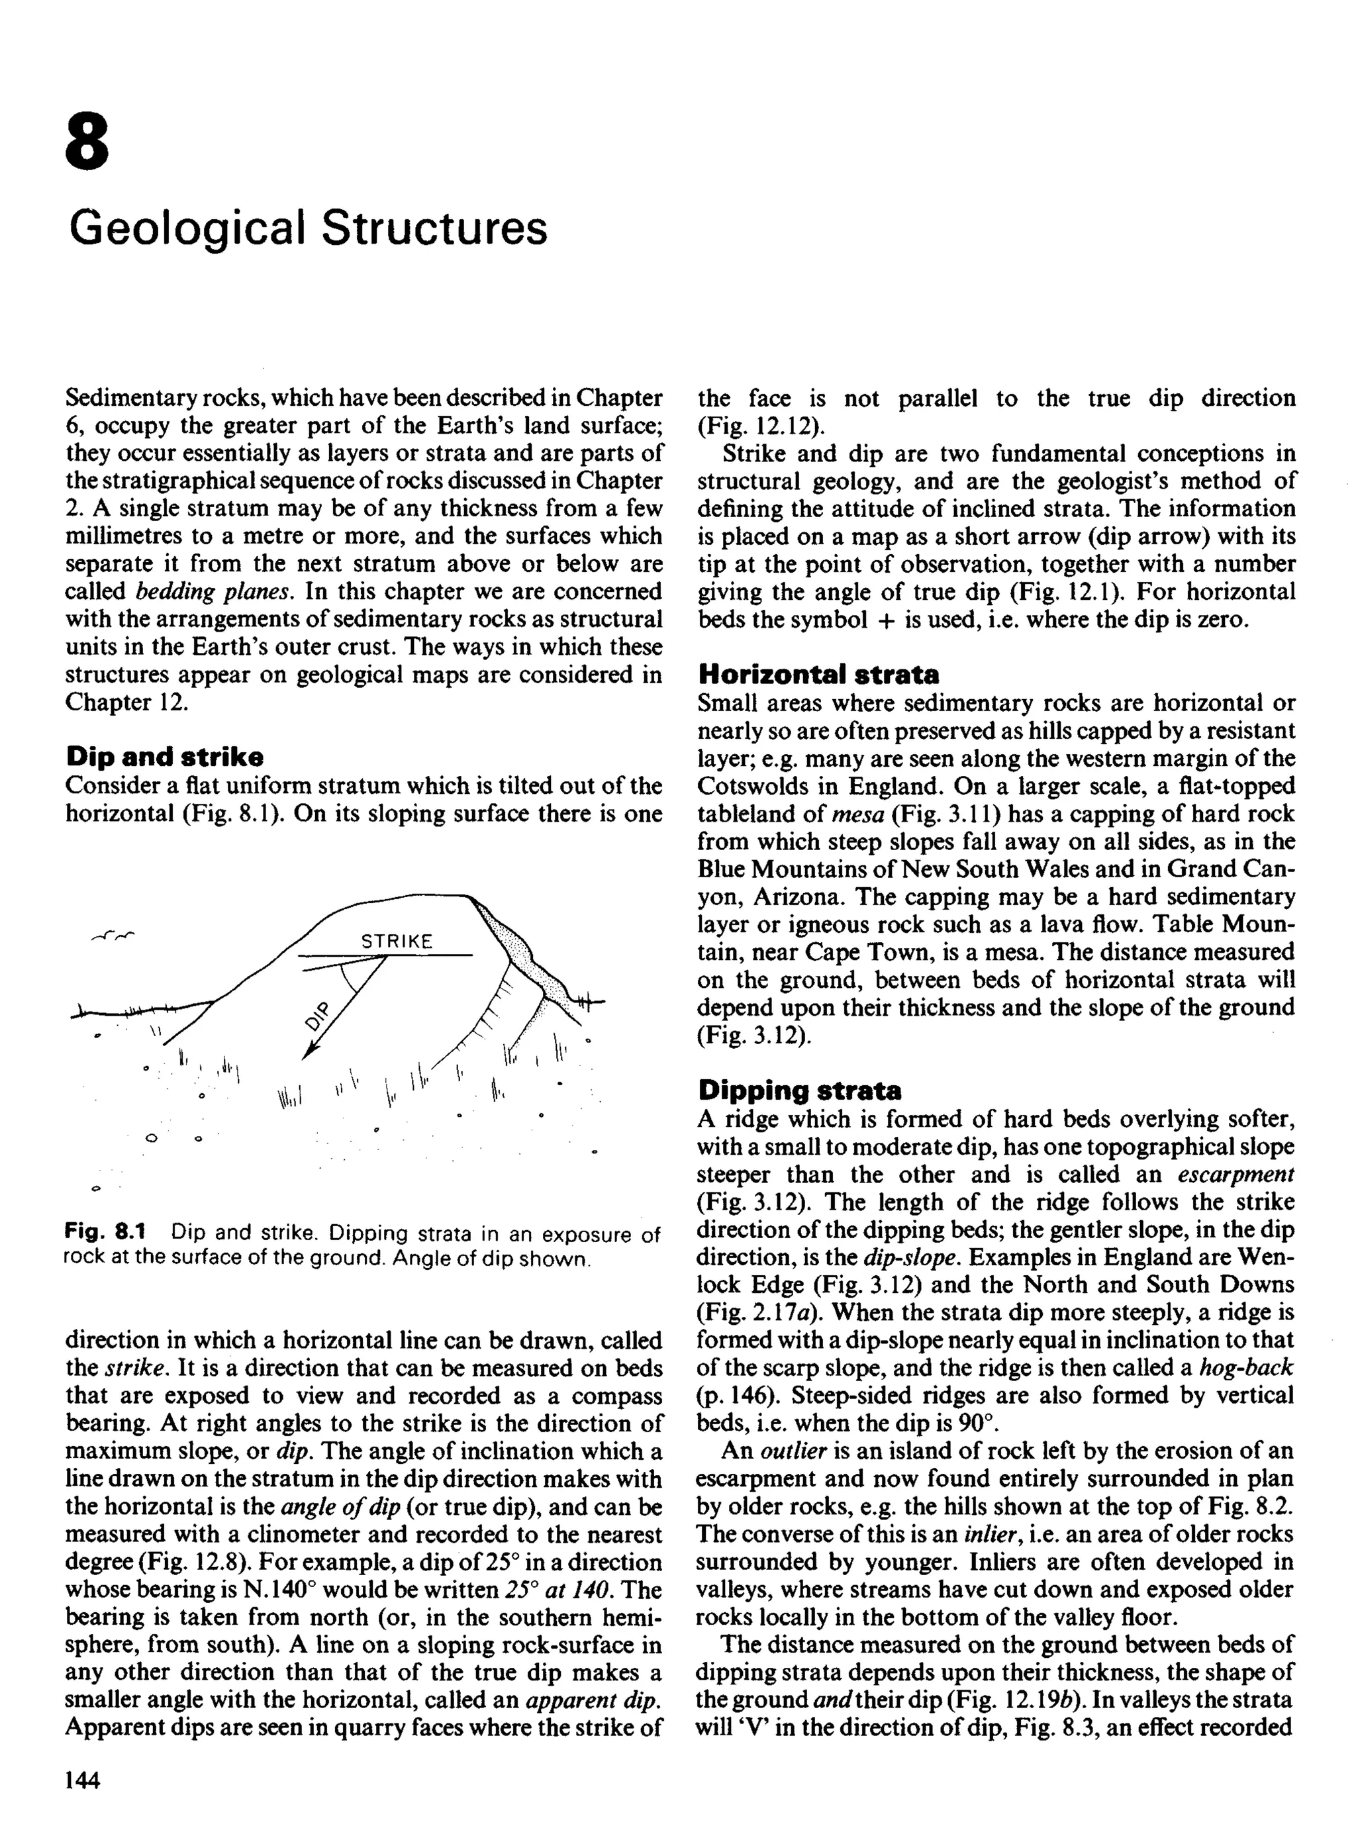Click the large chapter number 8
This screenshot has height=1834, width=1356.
coord(87,141)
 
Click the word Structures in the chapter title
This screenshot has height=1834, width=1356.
coord(434,228)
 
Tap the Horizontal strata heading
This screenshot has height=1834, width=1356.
coord(818,675)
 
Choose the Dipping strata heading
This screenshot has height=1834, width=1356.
coord(799,1090)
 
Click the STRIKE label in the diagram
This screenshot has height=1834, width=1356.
coord(397,941)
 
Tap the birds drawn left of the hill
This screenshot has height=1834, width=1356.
coord(113,935)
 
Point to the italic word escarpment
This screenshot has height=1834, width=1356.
coord(1235,1175)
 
